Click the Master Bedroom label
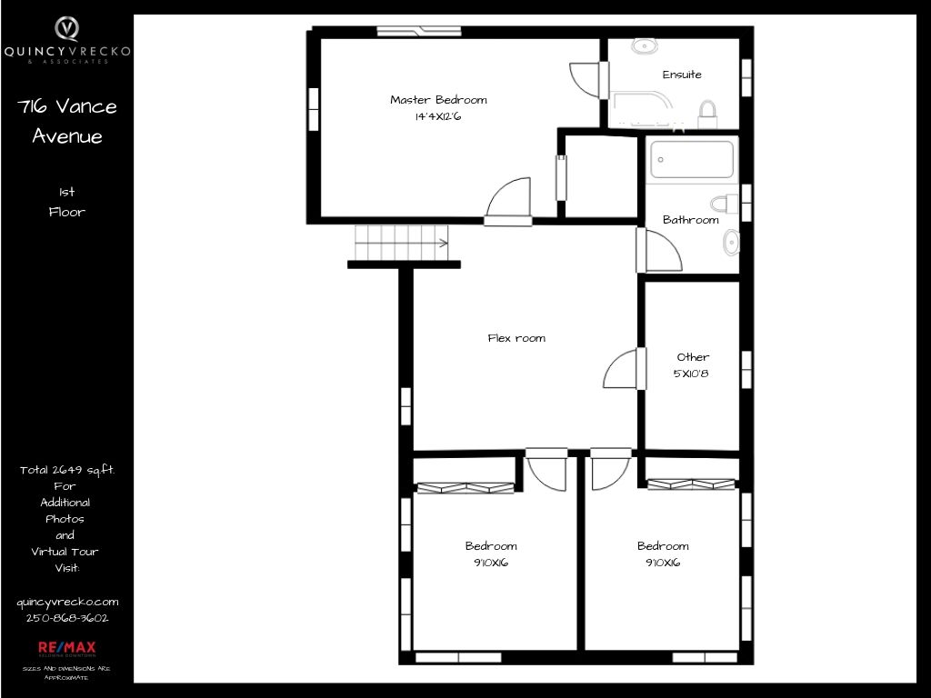pyautogui.click(x=438, y=100)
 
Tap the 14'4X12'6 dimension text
pyautogui.click(x=438, y=116)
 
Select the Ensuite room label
pyautogui.click(x=682, y=75)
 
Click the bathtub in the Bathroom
pyautogui.click(x=692, y=159)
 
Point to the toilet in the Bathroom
pyautogui.click(x=725, y=204)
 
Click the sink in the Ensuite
pyautogui.click(x=644, y=45)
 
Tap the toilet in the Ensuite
pyautogui.click(x=707, y=114)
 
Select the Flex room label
pyautogui.click(x=516, y=338)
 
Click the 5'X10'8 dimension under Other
pyautogui.click(x=691, y=374)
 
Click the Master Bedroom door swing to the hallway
pyautogui.click(x=508, y=201)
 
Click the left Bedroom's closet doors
pyautogui.click(x=465, y=488)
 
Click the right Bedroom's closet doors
pyautogui.click(x=691, y=484)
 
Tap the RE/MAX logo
pyautogui.click(x=67, y=647)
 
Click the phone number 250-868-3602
pyautogui.click(x=67, y=618)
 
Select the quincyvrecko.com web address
pyautogui.click(x=67, y=602)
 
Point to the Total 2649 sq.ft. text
pyautogui.click(x=67, y=470)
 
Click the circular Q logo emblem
pyautogui.click(x=67, y=28)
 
